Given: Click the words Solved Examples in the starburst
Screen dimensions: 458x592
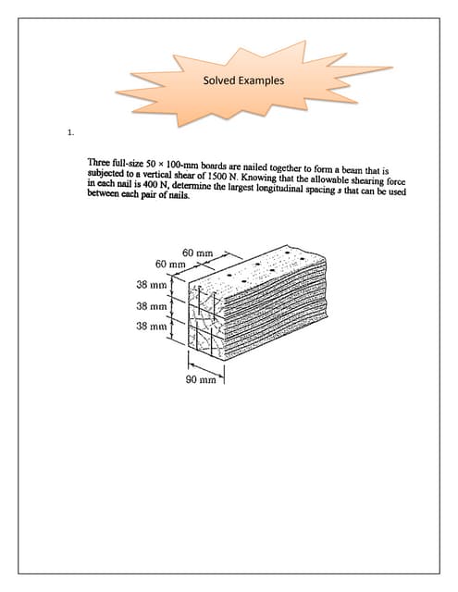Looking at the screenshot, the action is pyautogui.click(x=242, y=80).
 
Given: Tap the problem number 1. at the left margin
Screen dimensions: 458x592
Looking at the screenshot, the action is pyautogui.click(x=70, y=133).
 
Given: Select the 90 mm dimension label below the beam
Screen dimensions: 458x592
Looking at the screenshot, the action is pyautogui.click(x=201, y=379).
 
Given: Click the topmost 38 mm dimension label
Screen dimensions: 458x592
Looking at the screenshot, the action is pyautogui.click(x=151, y=283).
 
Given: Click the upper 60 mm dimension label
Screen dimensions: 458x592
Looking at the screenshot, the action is pyautogui.click(x=198, y=253).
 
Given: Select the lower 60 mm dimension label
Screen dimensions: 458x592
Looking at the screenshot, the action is pyautogui.click(x=172, y=265).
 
